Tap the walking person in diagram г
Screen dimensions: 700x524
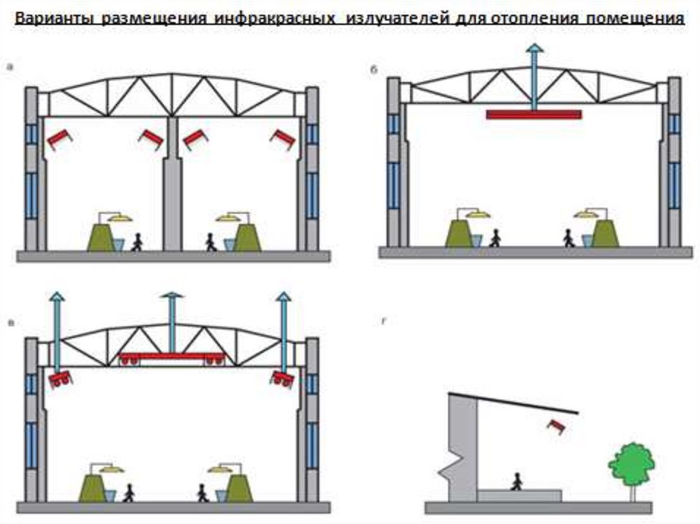point(516,482)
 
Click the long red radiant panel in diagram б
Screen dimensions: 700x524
point(534,114)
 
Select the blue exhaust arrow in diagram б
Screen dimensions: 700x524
point(534,72)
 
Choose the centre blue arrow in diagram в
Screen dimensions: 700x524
point(172,321)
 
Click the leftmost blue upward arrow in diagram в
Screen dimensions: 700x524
point(57,328)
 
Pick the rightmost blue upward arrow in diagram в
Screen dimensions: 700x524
point(283,328)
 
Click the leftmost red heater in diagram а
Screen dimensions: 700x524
point(58,139)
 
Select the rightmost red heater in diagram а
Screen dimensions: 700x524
point(283,139)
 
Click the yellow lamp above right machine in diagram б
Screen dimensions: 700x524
point(586,214)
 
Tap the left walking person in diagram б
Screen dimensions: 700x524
point(495,238)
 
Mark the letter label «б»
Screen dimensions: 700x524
point(374,70)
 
